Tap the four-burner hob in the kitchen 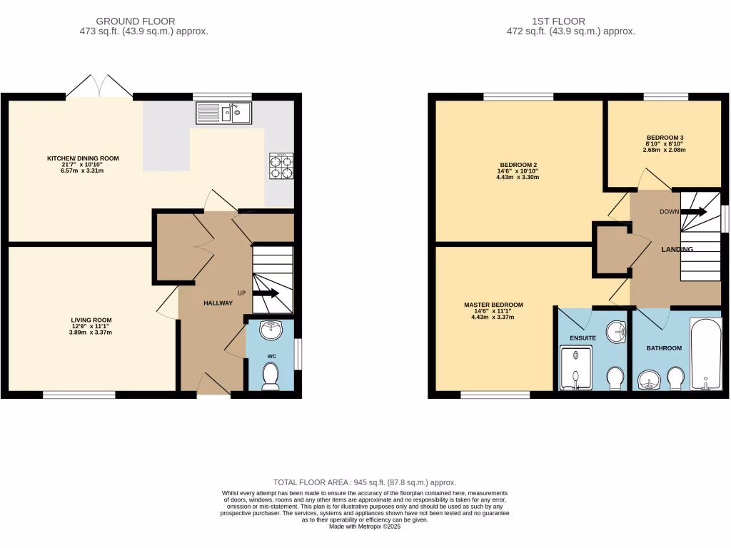[x=281, y=166]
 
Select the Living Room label [x=91, y=320]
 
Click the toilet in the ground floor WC [x=270, y=376]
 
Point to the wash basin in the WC [x=271, y=330]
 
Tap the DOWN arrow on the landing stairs [x=695, y=212]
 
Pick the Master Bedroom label [x=493, y=305]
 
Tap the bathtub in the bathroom [x=705, y=355]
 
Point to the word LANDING [x=677, y=250]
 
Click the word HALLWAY [x=218, y=303]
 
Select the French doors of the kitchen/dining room [x=99, y=86]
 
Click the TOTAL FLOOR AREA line [x=365, y=483]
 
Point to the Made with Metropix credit [x=365, y=527]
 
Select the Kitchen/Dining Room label [x=83, y=158]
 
